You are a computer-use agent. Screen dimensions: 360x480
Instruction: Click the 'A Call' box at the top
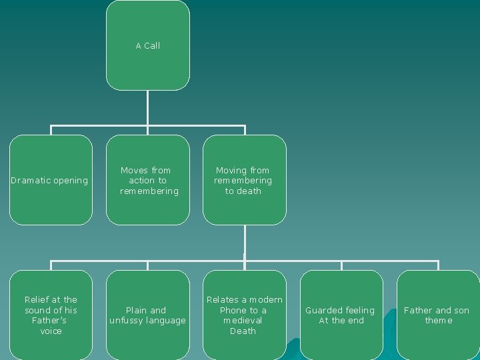click(x=147, y=45)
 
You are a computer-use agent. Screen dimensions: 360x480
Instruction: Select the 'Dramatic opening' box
click(x=51, y=180)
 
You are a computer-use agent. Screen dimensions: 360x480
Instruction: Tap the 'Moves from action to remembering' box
click(x=148, y=180)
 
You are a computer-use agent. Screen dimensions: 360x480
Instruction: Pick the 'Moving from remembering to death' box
click(x=244, y=180)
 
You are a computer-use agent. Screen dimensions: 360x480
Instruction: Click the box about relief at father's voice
click(x=51, y=315)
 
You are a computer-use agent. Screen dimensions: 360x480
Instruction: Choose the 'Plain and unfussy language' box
click(x=148, y=315)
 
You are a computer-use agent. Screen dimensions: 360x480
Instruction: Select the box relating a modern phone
click(x=244, y=315)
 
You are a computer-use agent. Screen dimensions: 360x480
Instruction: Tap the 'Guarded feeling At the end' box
click(x=341, y=315)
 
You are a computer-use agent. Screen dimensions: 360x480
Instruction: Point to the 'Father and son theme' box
click(x=437, y=315)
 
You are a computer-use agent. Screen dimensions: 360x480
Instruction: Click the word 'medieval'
click(x=243, y=321)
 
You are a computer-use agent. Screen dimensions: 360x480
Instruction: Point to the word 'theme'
click(x=439, y=321)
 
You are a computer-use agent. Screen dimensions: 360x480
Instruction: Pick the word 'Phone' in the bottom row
click(x=233, y=311)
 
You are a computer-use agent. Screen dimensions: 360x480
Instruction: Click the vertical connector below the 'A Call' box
click(x=147, y=107)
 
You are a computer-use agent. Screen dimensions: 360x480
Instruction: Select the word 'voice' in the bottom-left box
click(x=51, y=331)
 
